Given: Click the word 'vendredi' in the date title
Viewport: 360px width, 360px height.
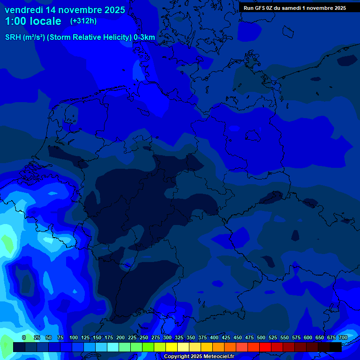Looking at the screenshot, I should click(x=24, y=10).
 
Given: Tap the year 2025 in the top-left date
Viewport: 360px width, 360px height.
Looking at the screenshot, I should click(x=113, y=10).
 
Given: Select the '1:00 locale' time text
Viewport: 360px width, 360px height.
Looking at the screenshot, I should click(x=33, y=21).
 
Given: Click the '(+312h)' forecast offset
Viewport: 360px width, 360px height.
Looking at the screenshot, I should click(x=83, y=21).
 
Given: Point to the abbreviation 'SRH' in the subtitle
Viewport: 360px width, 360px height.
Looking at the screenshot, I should click(x=13, y=37).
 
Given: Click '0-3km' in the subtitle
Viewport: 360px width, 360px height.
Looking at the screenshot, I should click(x=144, y=37).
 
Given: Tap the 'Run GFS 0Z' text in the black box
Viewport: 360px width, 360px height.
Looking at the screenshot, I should click(x=258, y=8).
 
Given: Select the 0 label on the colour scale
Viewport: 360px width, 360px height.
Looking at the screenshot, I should click(x=24, y=337).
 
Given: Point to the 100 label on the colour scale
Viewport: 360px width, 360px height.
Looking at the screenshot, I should click(x=74, y=337).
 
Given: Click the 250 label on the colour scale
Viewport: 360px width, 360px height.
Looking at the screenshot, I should click(x=144, y=337).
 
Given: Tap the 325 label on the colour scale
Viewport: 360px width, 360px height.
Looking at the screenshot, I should click(x=179, y=337).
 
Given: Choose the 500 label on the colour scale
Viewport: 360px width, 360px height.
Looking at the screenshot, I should click(x=261, y=337).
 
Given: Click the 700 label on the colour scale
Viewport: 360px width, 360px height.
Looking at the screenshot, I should click(x=343, y=337).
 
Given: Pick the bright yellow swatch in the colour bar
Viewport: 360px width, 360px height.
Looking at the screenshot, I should click(x=172, y=347).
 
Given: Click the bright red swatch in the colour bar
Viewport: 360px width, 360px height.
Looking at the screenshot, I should click(x=265, y=347).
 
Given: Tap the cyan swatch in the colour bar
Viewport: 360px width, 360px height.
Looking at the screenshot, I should click(x=113, y=347).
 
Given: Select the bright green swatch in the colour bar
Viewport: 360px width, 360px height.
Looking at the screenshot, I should click(x=148, y=347).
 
